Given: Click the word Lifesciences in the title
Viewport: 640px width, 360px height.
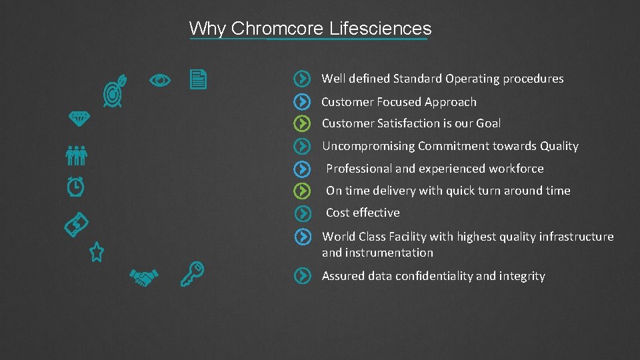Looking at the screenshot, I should (x=381, y=29).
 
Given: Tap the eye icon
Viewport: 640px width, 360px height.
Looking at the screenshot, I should (x=160, y=81).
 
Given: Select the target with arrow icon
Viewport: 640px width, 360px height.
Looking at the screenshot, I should (x=114, y=93).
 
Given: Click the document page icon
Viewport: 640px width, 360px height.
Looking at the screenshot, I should (x=198, y=80).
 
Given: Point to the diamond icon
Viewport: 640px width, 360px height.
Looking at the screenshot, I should (x=80, y=117).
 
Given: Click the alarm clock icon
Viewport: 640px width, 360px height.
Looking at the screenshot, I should (x=75, y=186).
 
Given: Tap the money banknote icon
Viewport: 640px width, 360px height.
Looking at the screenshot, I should (x=77, y=225).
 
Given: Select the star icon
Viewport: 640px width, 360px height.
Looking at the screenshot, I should (x=97, y=252).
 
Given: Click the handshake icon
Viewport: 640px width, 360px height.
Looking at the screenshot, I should (x=143, y=277).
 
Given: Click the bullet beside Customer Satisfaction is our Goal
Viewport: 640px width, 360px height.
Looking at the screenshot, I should (x=303, y=123).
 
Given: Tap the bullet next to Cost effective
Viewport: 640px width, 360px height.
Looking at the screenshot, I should (x=303, y=213).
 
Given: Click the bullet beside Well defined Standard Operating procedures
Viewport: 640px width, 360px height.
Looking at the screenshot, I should (x=303, y=79).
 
